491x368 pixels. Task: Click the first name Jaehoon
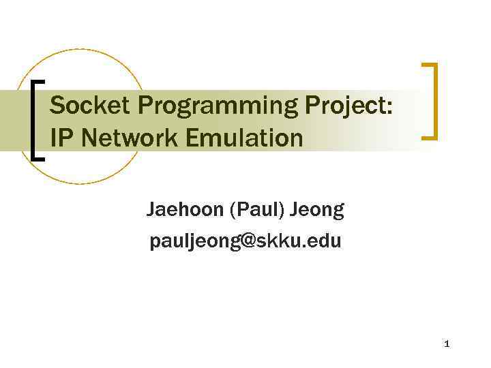[x=185, y=210]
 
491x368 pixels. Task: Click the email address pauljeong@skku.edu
[x=245, y=241]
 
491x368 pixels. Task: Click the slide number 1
[x=447, y=343]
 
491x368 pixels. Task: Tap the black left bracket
[x=37, y=119]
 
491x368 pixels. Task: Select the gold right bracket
[x=431, y=101]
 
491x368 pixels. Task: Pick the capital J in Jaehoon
[x=151, y=210]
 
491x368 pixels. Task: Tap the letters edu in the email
[x=327, y=241]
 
